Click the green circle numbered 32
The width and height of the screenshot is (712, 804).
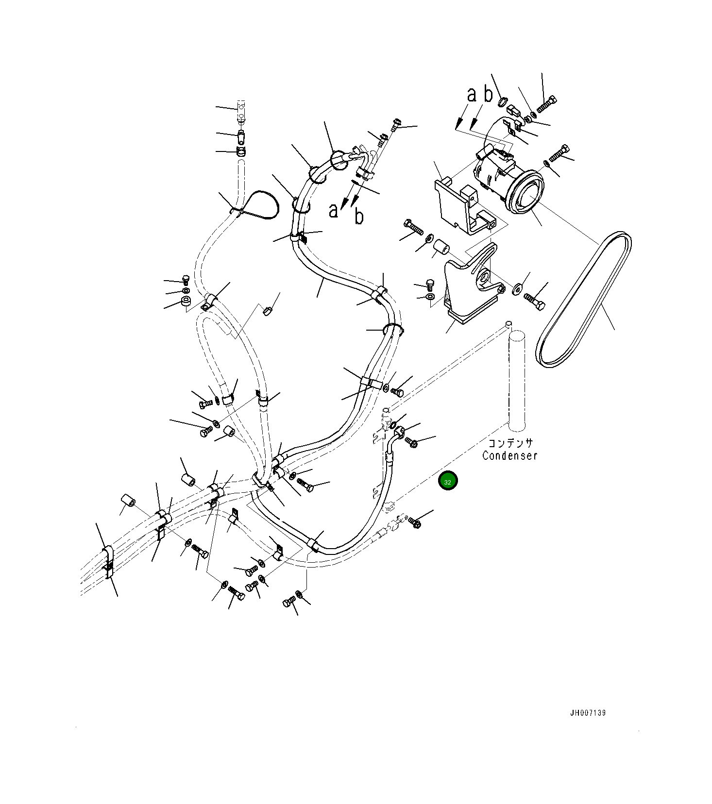click(x=448, y=482)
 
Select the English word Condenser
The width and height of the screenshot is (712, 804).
click(x=510, y=456)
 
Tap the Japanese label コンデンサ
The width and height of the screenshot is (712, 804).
click(x=510, y=443)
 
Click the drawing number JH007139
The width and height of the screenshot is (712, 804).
click(x=588, y=713)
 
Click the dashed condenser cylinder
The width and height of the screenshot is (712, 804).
click(x=517, y=379)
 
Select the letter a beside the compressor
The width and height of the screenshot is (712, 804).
click(x=472, y=95)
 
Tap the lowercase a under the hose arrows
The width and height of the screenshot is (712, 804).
click(x=333, y=211)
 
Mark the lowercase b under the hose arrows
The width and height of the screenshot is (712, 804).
click(x=359, y=216)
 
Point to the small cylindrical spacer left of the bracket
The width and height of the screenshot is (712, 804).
click(x=441, y=248)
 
